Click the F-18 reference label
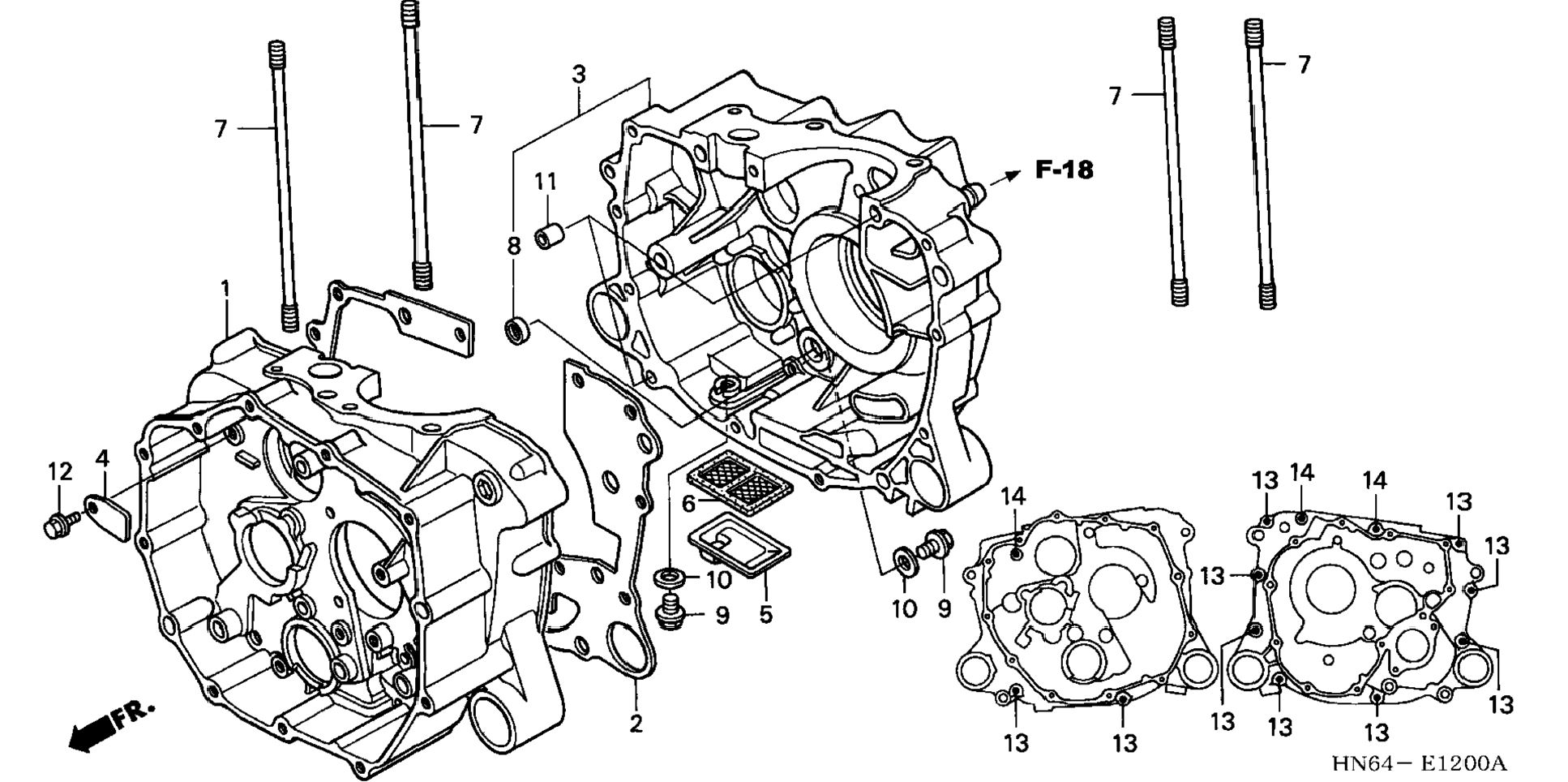1064,170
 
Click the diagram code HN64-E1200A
1418,763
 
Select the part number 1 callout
225,289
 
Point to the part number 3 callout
578,75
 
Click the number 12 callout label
60,471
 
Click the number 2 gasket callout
636,724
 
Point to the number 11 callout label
546,182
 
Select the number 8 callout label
514,246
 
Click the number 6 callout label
689,505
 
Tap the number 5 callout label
766,615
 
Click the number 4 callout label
102,459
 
